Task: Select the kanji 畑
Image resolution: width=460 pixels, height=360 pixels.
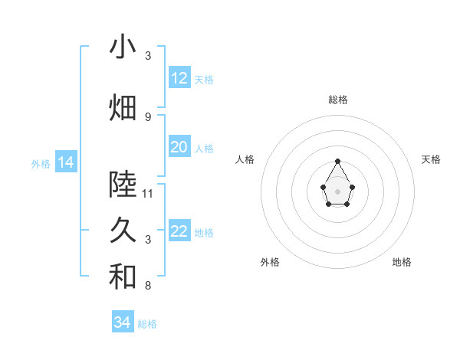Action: [123, 107]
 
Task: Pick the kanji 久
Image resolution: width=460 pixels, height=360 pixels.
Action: [123, 231]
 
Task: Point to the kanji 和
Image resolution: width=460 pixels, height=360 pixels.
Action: [123, 277]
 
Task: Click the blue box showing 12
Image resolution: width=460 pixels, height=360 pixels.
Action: [179, 77]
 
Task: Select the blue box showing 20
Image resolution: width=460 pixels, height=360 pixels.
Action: [179, 147]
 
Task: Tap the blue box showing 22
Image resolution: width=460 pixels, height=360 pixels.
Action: [179, 231]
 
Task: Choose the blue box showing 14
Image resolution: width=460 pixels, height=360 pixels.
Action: [65, 162]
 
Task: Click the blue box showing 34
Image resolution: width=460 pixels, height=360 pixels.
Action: [123, 322]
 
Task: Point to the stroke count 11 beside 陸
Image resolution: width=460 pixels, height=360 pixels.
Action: [148, 193]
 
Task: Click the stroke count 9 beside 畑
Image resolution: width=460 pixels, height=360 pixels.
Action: [148, 116]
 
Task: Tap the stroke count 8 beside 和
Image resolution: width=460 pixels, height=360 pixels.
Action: [148, 286]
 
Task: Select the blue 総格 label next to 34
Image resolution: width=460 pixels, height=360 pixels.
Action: [147, 324]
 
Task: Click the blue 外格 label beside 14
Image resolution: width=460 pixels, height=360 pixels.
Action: [41, 163]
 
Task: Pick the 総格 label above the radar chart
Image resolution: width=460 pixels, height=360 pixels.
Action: [337, 100]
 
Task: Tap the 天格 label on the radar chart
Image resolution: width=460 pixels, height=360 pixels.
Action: [431, 159]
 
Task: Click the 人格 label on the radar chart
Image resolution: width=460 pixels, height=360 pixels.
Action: [245, 159]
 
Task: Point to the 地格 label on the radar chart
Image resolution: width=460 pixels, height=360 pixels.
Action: [402, 262]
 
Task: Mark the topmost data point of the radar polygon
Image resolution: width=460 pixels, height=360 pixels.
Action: [337, 161]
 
